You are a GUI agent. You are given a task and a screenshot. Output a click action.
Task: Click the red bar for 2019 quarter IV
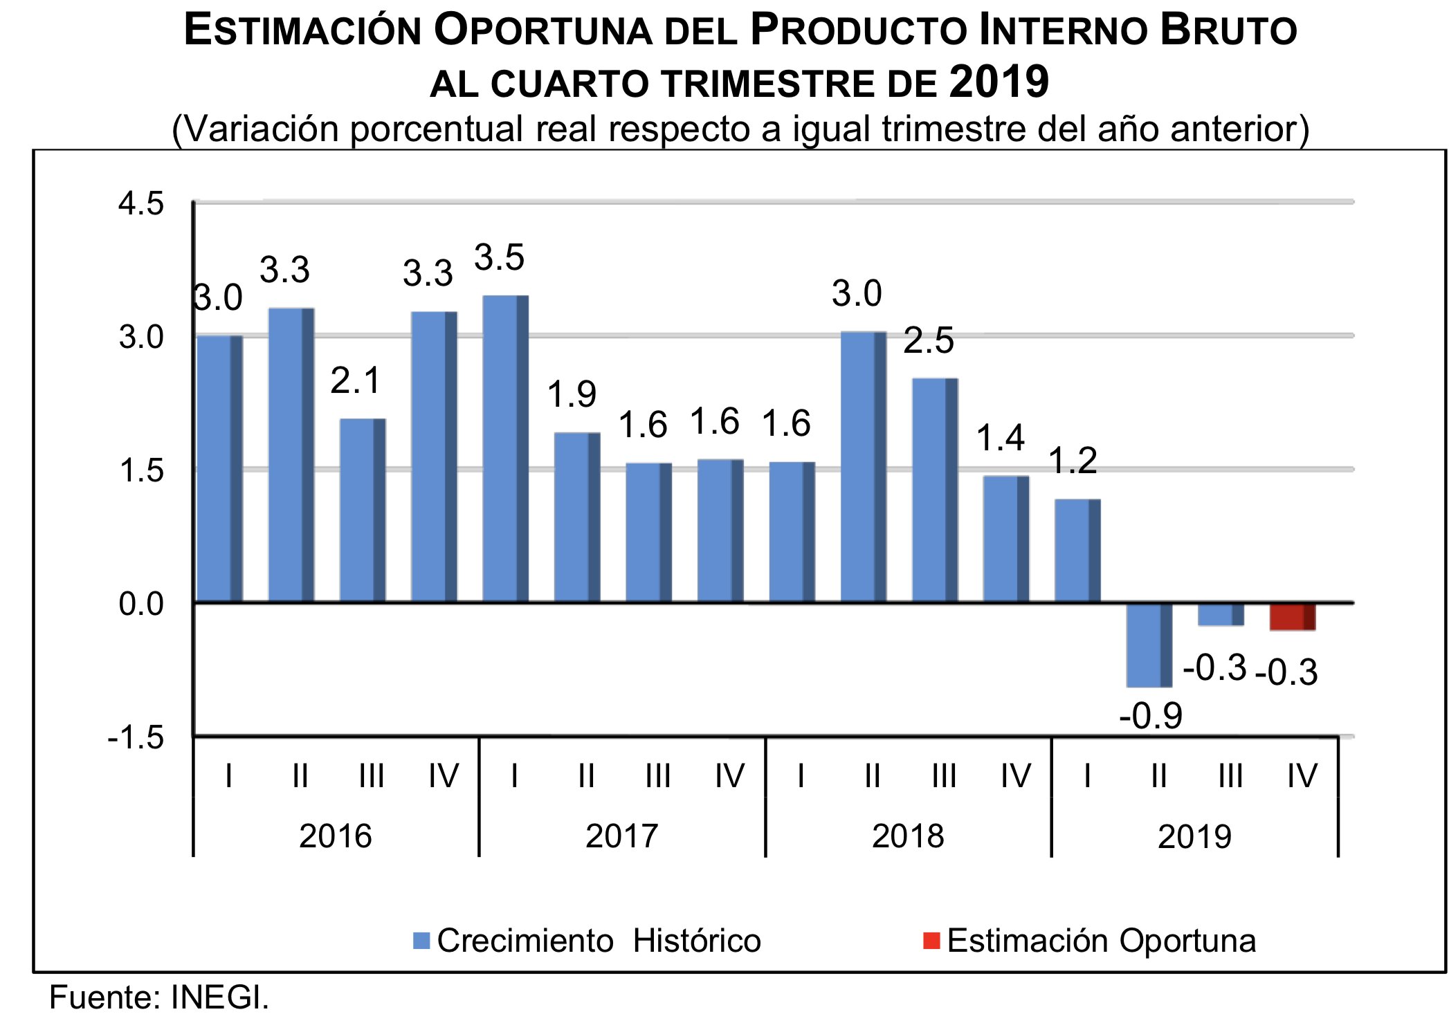coord(1292,616)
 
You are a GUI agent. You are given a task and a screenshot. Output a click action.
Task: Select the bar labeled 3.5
coord(505,448)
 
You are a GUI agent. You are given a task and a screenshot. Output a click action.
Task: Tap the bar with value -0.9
coord(1149,645)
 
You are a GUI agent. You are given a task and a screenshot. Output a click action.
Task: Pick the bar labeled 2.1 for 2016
coord(362,510)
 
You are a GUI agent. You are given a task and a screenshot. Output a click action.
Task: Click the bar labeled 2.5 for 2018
coord(935,490)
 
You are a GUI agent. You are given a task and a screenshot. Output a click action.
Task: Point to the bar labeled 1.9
coord(576,517)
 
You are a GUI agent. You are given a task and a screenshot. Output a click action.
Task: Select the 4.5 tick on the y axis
coord(141,204)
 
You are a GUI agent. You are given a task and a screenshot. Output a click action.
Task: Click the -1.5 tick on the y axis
coord(136,738)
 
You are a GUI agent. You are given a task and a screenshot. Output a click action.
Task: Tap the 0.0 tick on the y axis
coord(141,605)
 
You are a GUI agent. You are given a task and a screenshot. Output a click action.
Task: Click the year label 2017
coord(621,836)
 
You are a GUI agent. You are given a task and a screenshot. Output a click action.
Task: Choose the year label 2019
coord(1194,836)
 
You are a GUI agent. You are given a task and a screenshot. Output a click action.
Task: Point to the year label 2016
coord(335,836)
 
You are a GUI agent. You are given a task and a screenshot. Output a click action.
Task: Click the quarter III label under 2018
coord(944,776)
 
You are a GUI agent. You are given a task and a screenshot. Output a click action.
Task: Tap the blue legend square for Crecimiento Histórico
coord(421,941)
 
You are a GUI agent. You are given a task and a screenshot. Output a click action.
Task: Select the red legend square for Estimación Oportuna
coord(931,941)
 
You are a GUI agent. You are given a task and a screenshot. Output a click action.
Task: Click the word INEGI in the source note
coord(219,997)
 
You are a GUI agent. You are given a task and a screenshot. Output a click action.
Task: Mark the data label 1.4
coord(1000,438)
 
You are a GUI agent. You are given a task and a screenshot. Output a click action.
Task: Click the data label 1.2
coord(1073,461)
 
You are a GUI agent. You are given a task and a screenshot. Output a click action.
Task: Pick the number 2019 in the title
coord(999,82)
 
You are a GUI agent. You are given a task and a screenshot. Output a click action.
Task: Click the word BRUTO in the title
coord(1228,31)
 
